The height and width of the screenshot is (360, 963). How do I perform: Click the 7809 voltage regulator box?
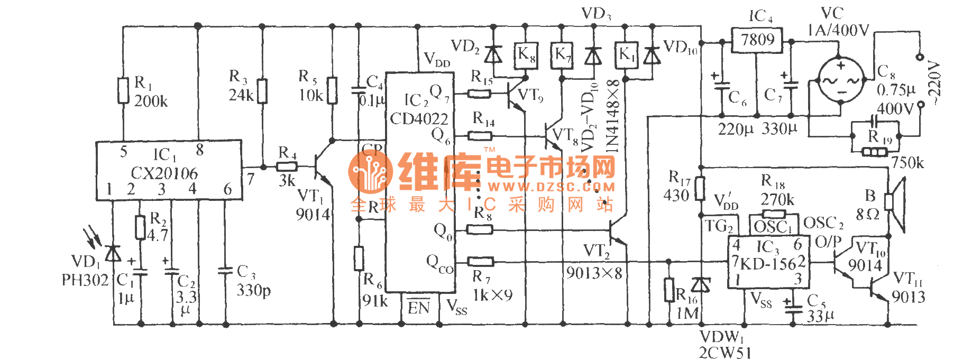click(x=757, y=40)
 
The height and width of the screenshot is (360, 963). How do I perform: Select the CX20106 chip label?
click(x=164, y=173)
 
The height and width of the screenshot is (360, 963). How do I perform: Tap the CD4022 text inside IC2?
click(x=419, y=119)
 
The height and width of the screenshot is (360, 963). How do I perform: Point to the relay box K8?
click(x=526, y=55)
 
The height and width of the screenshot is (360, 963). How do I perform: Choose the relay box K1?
click(x=626, y=55)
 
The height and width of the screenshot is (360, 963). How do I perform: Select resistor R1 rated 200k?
click(x=123, y=90)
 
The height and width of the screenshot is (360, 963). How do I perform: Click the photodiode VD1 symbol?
click(x=112, y=254)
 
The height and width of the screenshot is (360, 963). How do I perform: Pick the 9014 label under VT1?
click(x=313, y=215)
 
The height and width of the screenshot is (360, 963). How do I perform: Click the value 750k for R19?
click(x=907, y=163)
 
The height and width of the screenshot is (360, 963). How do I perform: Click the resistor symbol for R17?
click(x=700, y=189)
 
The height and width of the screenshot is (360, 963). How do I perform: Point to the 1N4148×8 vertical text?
click(x=612, y=116)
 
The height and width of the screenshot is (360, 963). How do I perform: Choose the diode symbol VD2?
click(x=493, y=53)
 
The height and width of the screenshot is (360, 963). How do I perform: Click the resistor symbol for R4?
click(x=287, y=167)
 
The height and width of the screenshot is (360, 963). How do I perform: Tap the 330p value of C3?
click(x=253, y=290)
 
